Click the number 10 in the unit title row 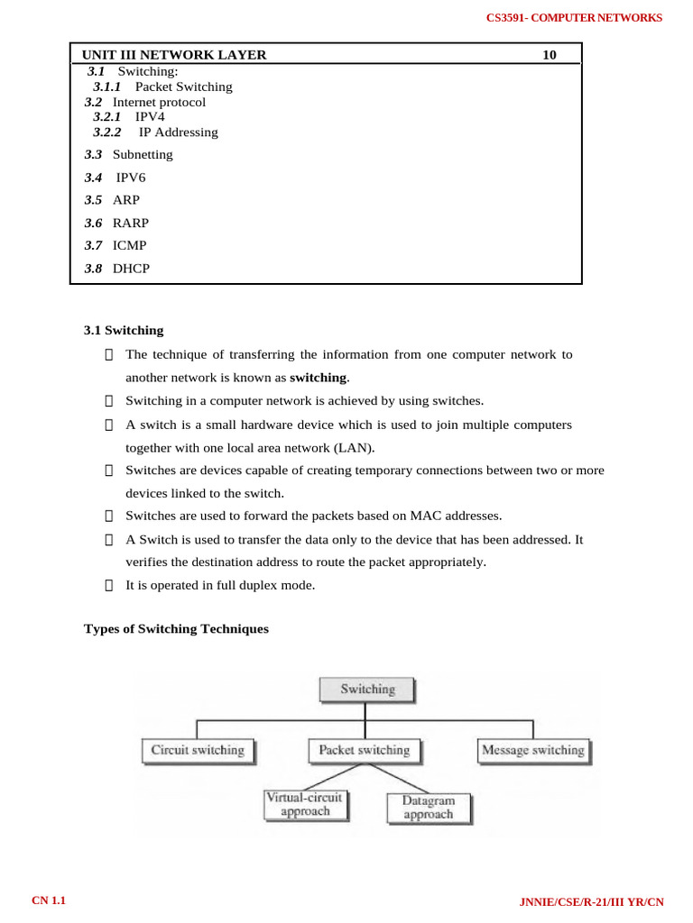pos(550,55)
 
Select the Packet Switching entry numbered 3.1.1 pos(183,87)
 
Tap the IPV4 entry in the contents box pos(150,116)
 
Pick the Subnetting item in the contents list pos(143,154)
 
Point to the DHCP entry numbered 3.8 pos(131,268)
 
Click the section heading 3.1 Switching pos(124,330)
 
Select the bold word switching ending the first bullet pos(318,377)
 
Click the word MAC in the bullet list pos(423,516)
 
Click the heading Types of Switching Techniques pos(176,629)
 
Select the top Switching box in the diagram pos(367,690)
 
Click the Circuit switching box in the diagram pos(198,750)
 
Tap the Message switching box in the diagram pos(532,750)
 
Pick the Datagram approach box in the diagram pos(429,807)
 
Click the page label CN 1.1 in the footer pos(50,901)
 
